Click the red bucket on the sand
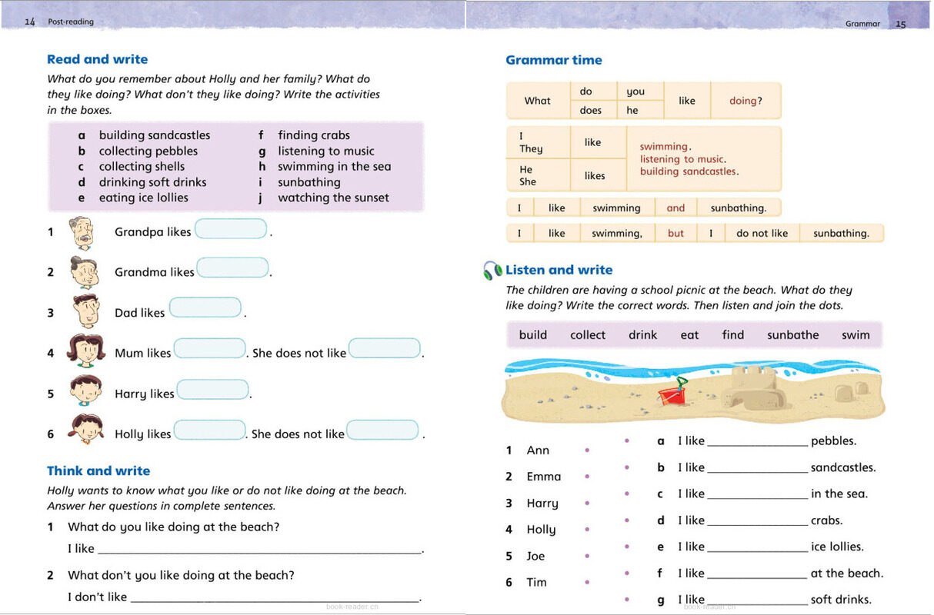[x=670, y=394]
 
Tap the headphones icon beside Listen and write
[x=492, y=271]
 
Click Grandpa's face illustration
[x=84, y=231]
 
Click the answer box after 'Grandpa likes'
[x=231, y=229]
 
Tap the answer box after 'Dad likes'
[x=205, y=308]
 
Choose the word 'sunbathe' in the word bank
[x=792, y=335]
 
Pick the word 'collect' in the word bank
[x=588, y=335]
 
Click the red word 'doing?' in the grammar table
[x=746, y=101]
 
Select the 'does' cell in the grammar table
[x=591, y=111]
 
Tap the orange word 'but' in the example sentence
[x=675, y=234]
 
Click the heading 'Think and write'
[x=98, y=471]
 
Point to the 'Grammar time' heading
[x=554, y=60]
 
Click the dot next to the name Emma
[x=587, y=477]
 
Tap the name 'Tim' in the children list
[x=536, y=583]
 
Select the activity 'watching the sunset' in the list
[x=333, y=198]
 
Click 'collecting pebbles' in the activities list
[x=148, y=151]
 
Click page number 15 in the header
[x=901, y=24]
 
